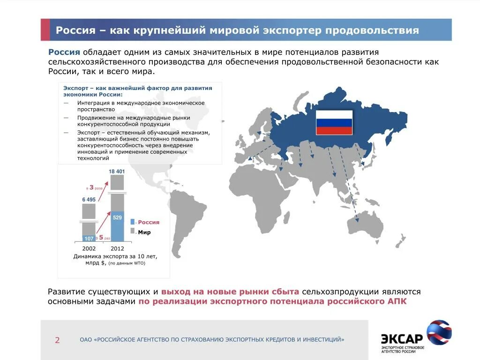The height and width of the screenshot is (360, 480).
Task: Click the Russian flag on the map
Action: point(334,123)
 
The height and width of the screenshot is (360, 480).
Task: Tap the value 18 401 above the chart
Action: point(117,172)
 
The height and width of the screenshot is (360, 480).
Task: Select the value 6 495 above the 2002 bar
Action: point(89,200)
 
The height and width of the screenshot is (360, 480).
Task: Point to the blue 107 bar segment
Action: point(89,238)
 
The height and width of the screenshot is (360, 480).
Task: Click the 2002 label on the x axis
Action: point(89,248)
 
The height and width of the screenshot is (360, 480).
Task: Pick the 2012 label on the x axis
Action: point(117,248)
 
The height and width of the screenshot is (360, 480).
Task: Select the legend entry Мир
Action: point(144,232)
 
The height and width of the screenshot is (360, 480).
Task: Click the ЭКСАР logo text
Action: point(402,338)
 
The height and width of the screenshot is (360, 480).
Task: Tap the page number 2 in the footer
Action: point(57,340)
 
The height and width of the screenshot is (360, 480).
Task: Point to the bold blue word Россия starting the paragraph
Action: point(64,52)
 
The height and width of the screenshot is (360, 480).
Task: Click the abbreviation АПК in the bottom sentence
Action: point(397,301)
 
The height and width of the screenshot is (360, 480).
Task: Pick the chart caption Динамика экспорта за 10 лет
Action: point(115,256)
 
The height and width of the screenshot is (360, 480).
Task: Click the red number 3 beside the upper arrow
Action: point(91,187)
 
